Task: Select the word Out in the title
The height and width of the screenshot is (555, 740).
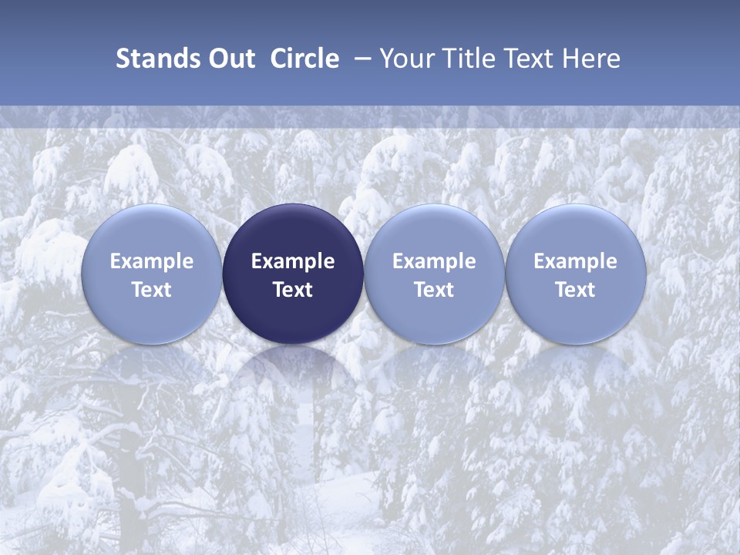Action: click(x=232, y=59)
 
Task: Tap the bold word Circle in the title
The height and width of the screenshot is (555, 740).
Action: click(x=304, y=59)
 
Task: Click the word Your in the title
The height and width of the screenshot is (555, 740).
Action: click(x=406, y=59)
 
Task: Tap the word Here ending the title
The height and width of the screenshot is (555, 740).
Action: click(x=592, y=59)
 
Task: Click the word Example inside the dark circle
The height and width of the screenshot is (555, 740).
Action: click(x=293, y=261)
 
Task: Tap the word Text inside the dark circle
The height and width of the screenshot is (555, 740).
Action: click(x=293, y=290)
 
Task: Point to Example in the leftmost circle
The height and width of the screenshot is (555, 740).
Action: click(x=151, y=261)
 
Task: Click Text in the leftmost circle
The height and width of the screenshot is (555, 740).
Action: click(x=151, y=290)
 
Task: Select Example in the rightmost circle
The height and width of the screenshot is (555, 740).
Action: click(x=576, y=261)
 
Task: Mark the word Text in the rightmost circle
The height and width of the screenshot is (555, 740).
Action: click(x=576, y=290)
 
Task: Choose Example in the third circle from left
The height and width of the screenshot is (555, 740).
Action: click(x=434, y=261)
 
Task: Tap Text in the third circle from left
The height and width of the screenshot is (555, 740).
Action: click(x=434, y=290)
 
